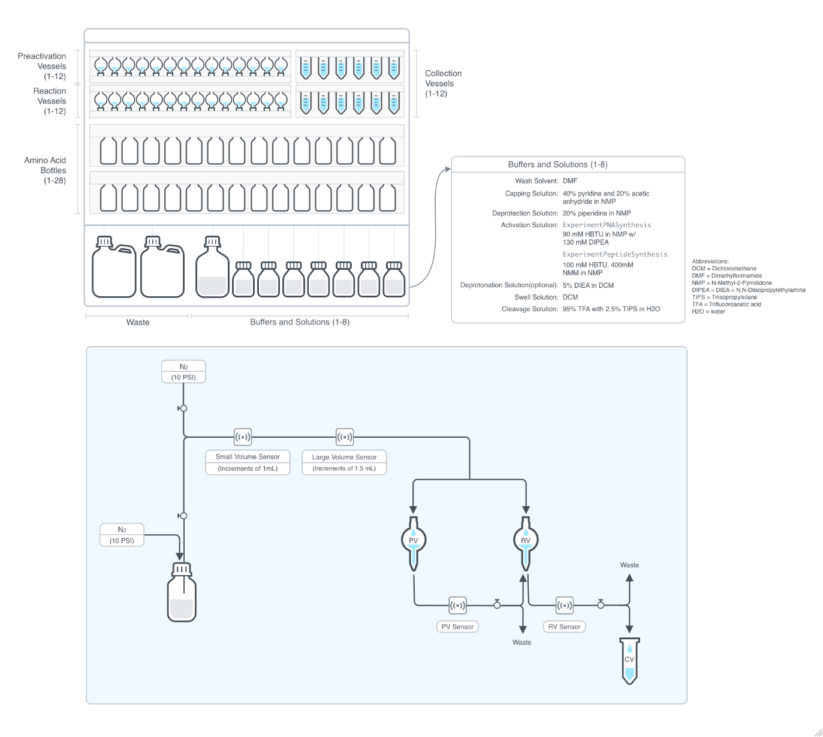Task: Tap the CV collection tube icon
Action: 629,660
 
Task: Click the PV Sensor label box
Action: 457,627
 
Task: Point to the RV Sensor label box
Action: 564,627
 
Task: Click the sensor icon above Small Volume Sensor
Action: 242,437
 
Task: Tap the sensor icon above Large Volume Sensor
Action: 345,437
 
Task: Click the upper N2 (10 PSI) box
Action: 183,372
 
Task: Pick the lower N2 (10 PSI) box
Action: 122,535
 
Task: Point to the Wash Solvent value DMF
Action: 570,181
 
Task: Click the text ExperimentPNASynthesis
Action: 607,225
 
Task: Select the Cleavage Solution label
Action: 530,309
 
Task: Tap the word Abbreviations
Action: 710,261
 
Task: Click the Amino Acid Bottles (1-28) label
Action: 46,170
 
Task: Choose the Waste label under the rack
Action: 138,322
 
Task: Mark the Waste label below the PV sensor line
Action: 521,642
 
